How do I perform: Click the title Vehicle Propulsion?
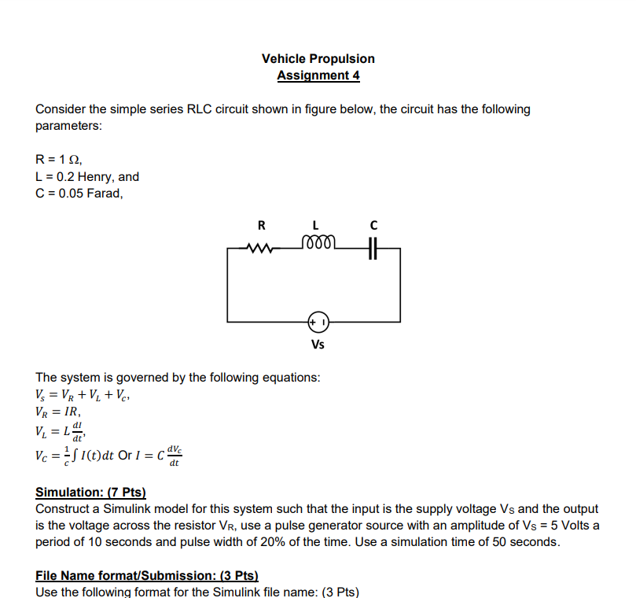[x=318, y=58]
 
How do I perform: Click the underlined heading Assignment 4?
[x=318, y=76]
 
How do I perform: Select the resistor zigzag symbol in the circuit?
[x=259, y=250]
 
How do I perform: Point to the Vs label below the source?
[x=318, y=345]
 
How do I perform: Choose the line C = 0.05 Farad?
[x=79, y=193]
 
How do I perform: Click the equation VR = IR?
[x=58, y=412]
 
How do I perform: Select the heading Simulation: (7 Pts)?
[x=91, y=493]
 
